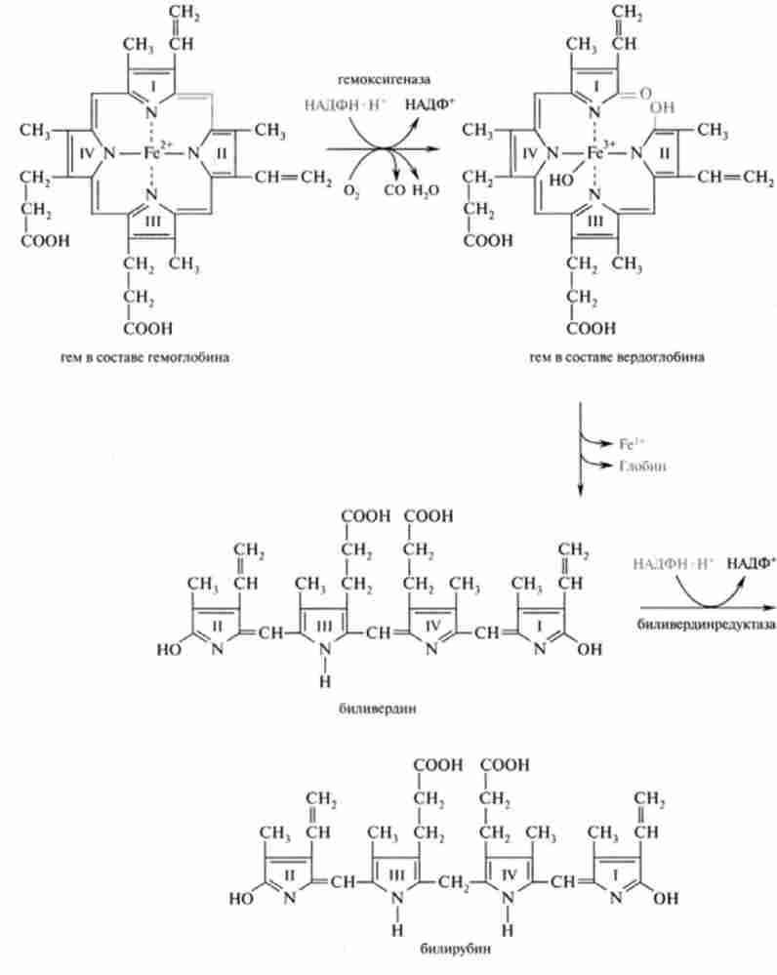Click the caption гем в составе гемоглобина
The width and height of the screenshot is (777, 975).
click(x=144, y=357)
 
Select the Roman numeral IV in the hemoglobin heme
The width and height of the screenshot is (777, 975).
click(x=86, y=152)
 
